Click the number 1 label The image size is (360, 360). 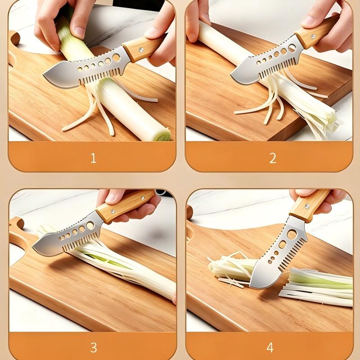point(93,158)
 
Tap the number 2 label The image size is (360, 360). point(273,158)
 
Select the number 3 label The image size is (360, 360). point(94,347)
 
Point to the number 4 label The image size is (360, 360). point(270,347)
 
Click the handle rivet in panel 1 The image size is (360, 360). point(141,49)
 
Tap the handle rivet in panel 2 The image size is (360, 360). point(313,36)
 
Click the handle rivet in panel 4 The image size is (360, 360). point(307,207)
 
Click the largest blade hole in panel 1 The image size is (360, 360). point(116,58)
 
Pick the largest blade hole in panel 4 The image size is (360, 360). point(292,234)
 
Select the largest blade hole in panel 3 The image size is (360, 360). point(90,225)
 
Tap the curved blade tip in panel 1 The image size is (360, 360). point(44,75)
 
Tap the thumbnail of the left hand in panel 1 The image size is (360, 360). point(80,32)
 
